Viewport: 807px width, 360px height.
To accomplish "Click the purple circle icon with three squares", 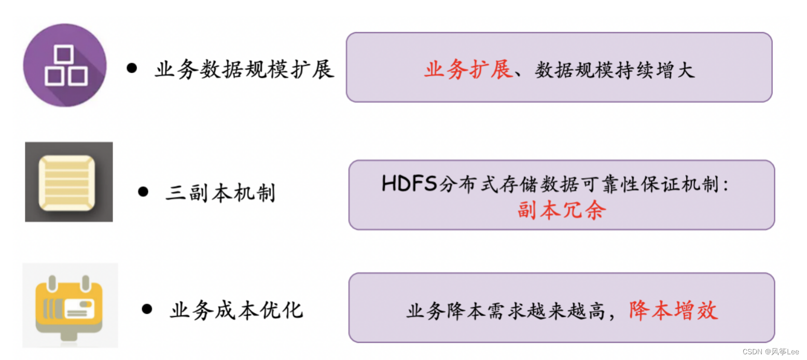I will [65, 65].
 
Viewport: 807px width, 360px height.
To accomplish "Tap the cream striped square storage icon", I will [67, 183].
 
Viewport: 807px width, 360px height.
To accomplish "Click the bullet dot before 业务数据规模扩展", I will [132, 68].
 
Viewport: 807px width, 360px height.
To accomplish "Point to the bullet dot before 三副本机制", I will [143, 192].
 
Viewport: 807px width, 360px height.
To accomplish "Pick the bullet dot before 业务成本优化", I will [147, 309].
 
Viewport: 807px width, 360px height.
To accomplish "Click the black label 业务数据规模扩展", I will [244, 69].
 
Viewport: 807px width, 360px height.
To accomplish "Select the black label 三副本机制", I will [220, 193].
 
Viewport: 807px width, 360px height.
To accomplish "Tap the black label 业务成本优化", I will [236, 310].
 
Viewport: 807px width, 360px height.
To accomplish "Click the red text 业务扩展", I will [468, 70].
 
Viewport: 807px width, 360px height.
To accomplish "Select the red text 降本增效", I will [673, 310].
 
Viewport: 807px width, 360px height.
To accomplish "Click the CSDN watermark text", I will [771, 352].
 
